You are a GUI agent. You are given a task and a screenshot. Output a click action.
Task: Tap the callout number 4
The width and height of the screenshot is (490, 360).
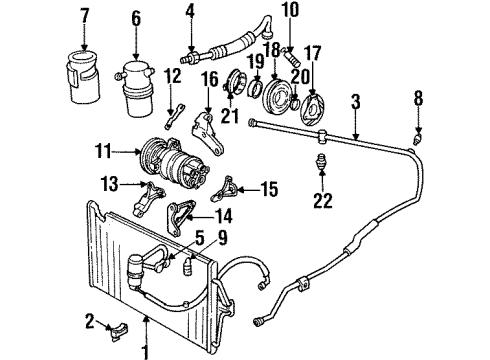click(x=189, y=13)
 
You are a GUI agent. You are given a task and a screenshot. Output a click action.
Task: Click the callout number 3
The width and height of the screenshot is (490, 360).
click(x=354, y=100)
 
